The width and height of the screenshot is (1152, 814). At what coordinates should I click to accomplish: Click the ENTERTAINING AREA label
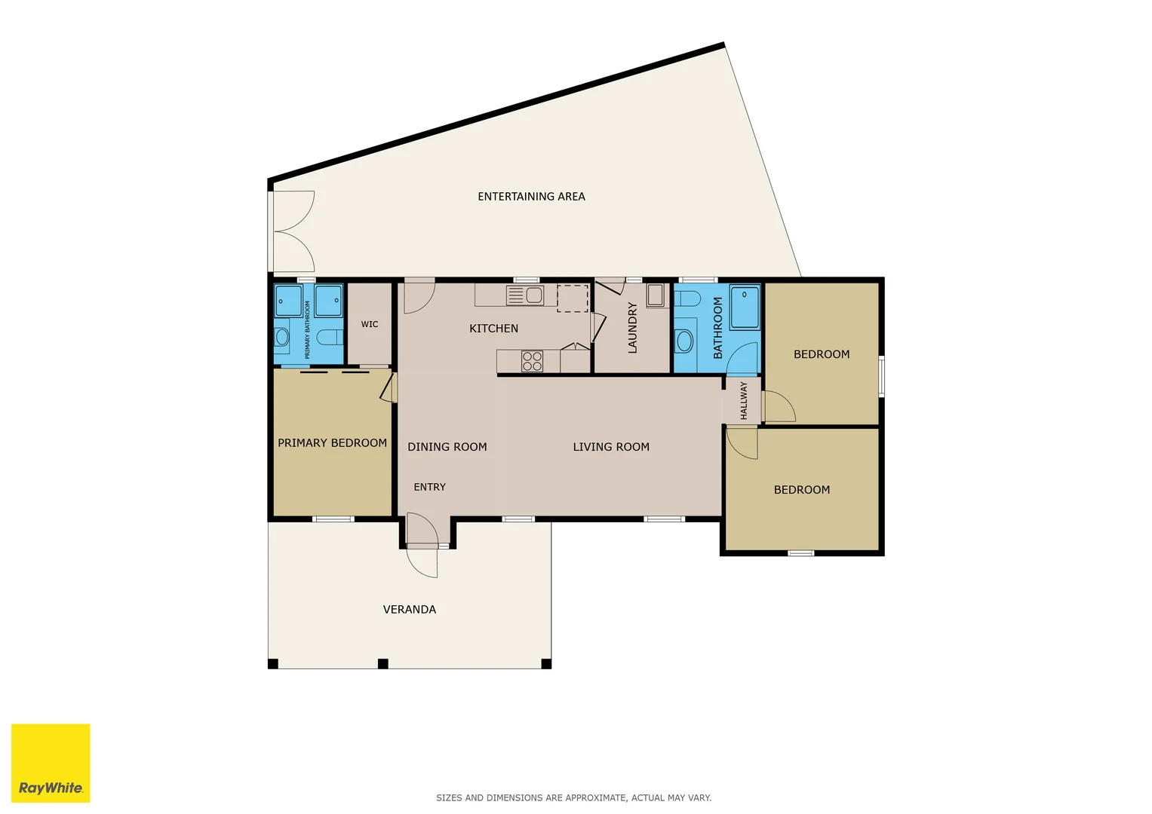tap(531, 197)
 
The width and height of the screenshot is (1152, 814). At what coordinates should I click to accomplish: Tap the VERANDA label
tap(409, 609)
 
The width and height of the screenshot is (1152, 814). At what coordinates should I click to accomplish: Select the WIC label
tap(370, 324)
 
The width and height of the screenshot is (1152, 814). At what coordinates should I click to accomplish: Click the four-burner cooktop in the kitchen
tap(532, 361)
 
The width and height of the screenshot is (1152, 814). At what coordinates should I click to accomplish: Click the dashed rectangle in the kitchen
tap(573, 298)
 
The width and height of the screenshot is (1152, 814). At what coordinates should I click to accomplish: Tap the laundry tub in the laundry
tap(655, 295)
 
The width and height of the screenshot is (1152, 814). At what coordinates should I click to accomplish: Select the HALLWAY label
tap(744, 400)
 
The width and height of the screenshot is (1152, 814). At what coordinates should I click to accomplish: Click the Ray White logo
tap(51, 763)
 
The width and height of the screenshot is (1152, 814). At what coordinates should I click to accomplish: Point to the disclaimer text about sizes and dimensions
tap(573, 797)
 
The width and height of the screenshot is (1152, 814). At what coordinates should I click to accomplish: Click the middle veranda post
tap(382, 664)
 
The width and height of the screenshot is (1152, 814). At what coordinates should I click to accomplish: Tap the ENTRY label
tap(429, 487)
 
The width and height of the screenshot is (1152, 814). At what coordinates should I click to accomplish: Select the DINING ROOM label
tap(447, 447)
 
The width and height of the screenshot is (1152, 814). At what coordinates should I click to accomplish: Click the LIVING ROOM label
tap(611, 447)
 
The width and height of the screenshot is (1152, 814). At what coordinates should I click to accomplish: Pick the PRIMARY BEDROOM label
tap(332, 443)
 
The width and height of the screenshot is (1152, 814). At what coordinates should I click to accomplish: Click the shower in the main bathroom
tap(745, 307)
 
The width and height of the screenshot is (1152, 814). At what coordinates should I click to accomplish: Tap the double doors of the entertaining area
tap(293, 231)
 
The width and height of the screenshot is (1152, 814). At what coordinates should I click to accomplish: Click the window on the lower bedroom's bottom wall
tap(800, 553)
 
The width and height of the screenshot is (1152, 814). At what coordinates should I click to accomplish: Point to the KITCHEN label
tap(493, 329)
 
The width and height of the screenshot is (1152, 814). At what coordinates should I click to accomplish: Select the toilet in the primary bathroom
tap(329, 336)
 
